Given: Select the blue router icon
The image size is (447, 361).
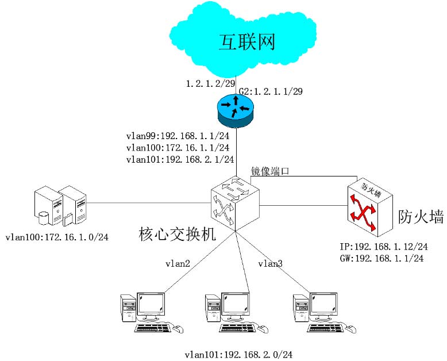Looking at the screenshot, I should click(x=235, y=109).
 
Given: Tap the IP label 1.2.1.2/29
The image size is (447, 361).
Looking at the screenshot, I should click(x=207, y=84).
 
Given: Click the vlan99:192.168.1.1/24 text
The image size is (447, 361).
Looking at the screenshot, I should click(x=180, y=137).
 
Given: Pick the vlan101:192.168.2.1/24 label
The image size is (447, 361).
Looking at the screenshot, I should click(x=180, y=159).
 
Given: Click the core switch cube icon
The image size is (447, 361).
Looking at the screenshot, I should click(x=234, y=202).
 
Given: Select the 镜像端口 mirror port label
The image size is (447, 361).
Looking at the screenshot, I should click(x=269, y=171).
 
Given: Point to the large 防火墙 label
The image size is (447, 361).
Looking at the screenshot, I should click(x=421, y=217).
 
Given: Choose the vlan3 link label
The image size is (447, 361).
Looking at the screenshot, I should click(x=270, y=264).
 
